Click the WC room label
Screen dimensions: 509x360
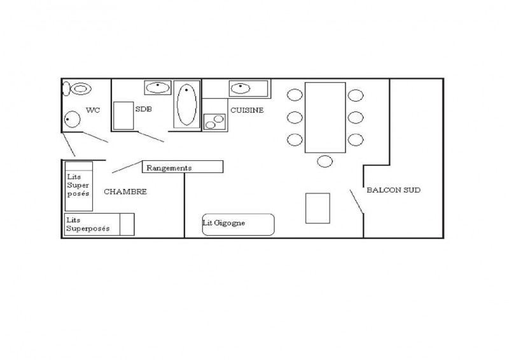(93, 110)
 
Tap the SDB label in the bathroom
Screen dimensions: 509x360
(144, 109)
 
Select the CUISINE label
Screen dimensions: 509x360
(247, 111)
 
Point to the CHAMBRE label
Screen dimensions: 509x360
(125, 191)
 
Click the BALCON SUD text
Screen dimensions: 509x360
(393, 190)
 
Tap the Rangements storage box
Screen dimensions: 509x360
(183, 167)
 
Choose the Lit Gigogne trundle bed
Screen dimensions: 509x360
(238, 225)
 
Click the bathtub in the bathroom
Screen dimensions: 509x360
(186, 104)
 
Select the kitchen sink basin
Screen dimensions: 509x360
(241, 88)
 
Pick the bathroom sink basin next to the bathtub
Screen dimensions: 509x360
(158, 87)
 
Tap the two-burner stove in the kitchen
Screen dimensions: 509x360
(214, 121)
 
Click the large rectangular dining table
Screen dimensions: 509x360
(325, 118)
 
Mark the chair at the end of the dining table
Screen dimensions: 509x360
(325, 162)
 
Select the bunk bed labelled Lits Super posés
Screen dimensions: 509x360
(79, 186)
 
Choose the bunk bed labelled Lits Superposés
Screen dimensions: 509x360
(99, 225)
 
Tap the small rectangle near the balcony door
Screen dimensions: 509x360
(317, 209)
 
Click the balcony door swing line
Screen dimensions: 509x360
(357, 202)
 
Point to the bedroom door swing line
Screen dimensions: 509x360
(127, 167)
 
